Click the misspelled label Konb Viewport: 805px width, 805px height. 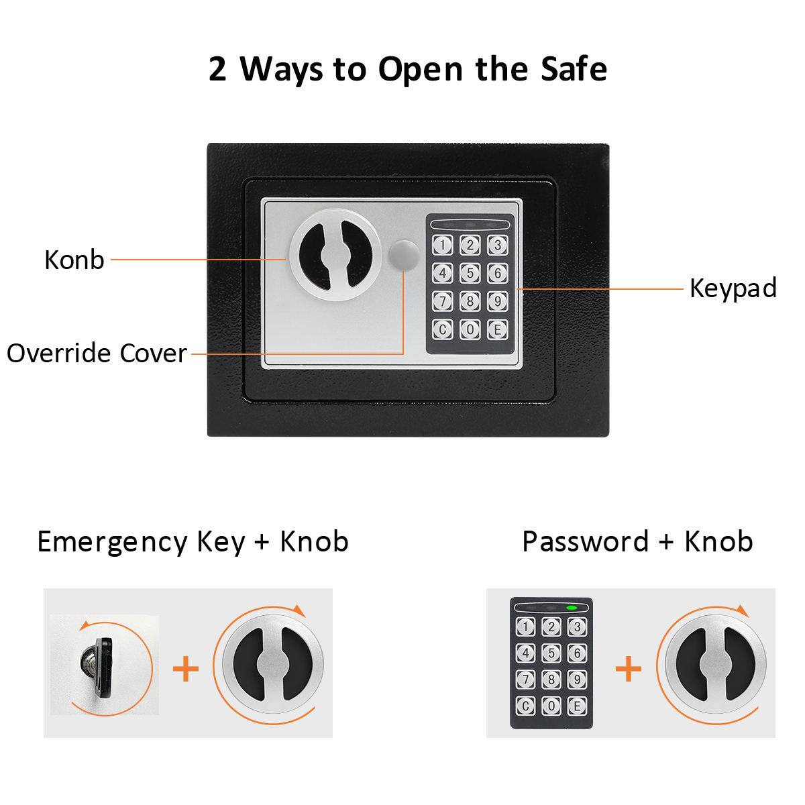coord(74,260)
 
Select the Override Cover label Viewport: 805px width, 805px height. coord(97,353)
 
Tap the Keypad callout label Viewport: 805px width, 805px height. coord(733,288)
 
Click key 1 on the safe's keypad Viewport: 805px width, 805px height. coord(443,246)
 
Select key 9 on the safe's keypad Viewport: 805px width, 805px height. coord(497,301)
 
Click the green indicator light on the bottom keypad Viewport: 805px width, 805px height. coord(572,608)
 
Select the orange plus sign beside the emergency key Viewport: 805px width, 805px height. coord(186,669)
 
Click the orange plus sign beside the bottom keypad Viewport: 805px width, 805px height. coord(628,669)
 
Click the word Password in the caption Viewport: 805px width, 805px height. coord(586,541)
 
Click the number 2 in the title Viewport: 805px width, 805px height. coord(217,70)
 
